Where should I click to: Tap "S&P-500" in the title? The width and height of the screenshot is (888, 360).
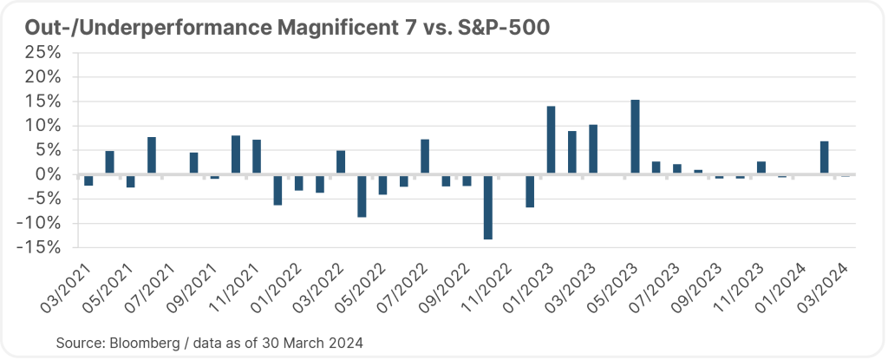pos(500,27)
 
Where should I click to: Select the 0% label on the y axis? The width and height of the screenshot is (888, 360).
pos(47,174)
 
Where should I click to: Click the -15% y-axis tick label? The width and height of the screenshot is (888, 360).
pos(38,247)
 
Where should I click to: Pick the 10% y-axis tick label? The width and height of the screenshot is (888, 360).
pos(42,126)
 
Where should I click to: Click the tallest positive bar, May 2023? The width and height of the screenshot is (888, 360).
pos(636,137)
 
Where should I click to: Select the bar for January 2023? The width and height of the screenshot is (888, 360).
pos(552,141)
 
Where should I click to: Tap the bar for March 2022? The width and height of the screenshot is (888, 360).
pos(341,163)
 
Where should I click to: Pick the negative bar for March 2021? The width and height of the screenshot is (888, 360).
pos(88,180)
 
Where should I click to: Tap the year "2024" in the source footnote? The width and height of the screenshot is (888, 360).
pos(344,343)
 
